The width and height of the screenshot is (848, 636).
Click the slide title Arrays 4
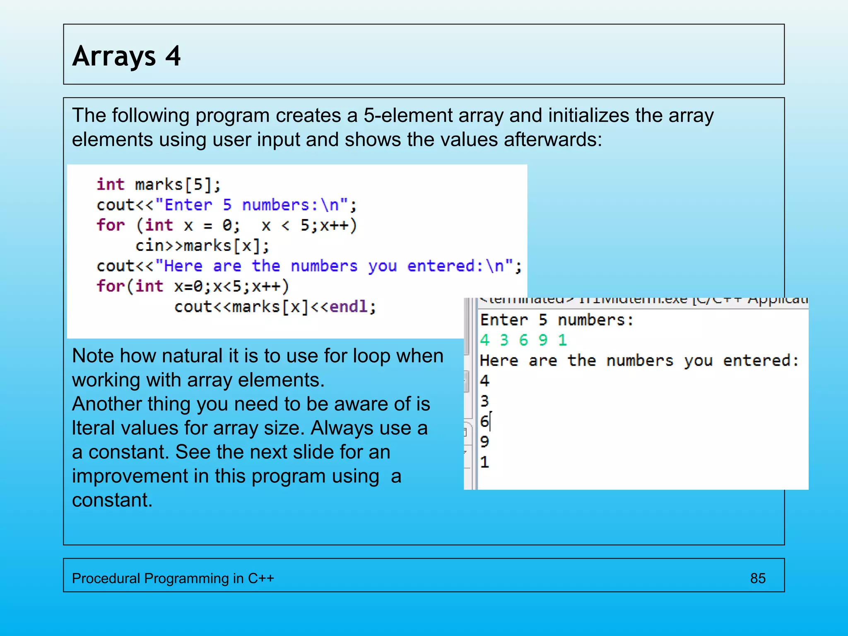[126, 56]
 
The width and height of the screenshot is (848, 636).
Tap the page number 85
[757, 578]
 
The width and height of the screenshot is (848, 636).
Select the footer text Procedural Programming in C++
[173, 578]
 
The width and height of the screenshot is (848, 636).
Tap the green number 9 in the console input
[542, 340]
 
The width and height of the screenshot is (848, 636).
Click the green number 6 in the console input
[523, 340]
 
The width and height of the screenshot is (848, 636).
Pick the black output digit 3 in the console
[484, 401]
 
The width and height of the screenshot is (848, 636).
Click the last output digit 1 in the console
[484, 462]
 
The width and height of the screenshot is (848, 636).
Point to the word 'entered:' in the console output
[761, 361]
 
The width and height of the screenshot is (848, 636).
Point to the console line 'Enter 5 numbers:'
[556, 320]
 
